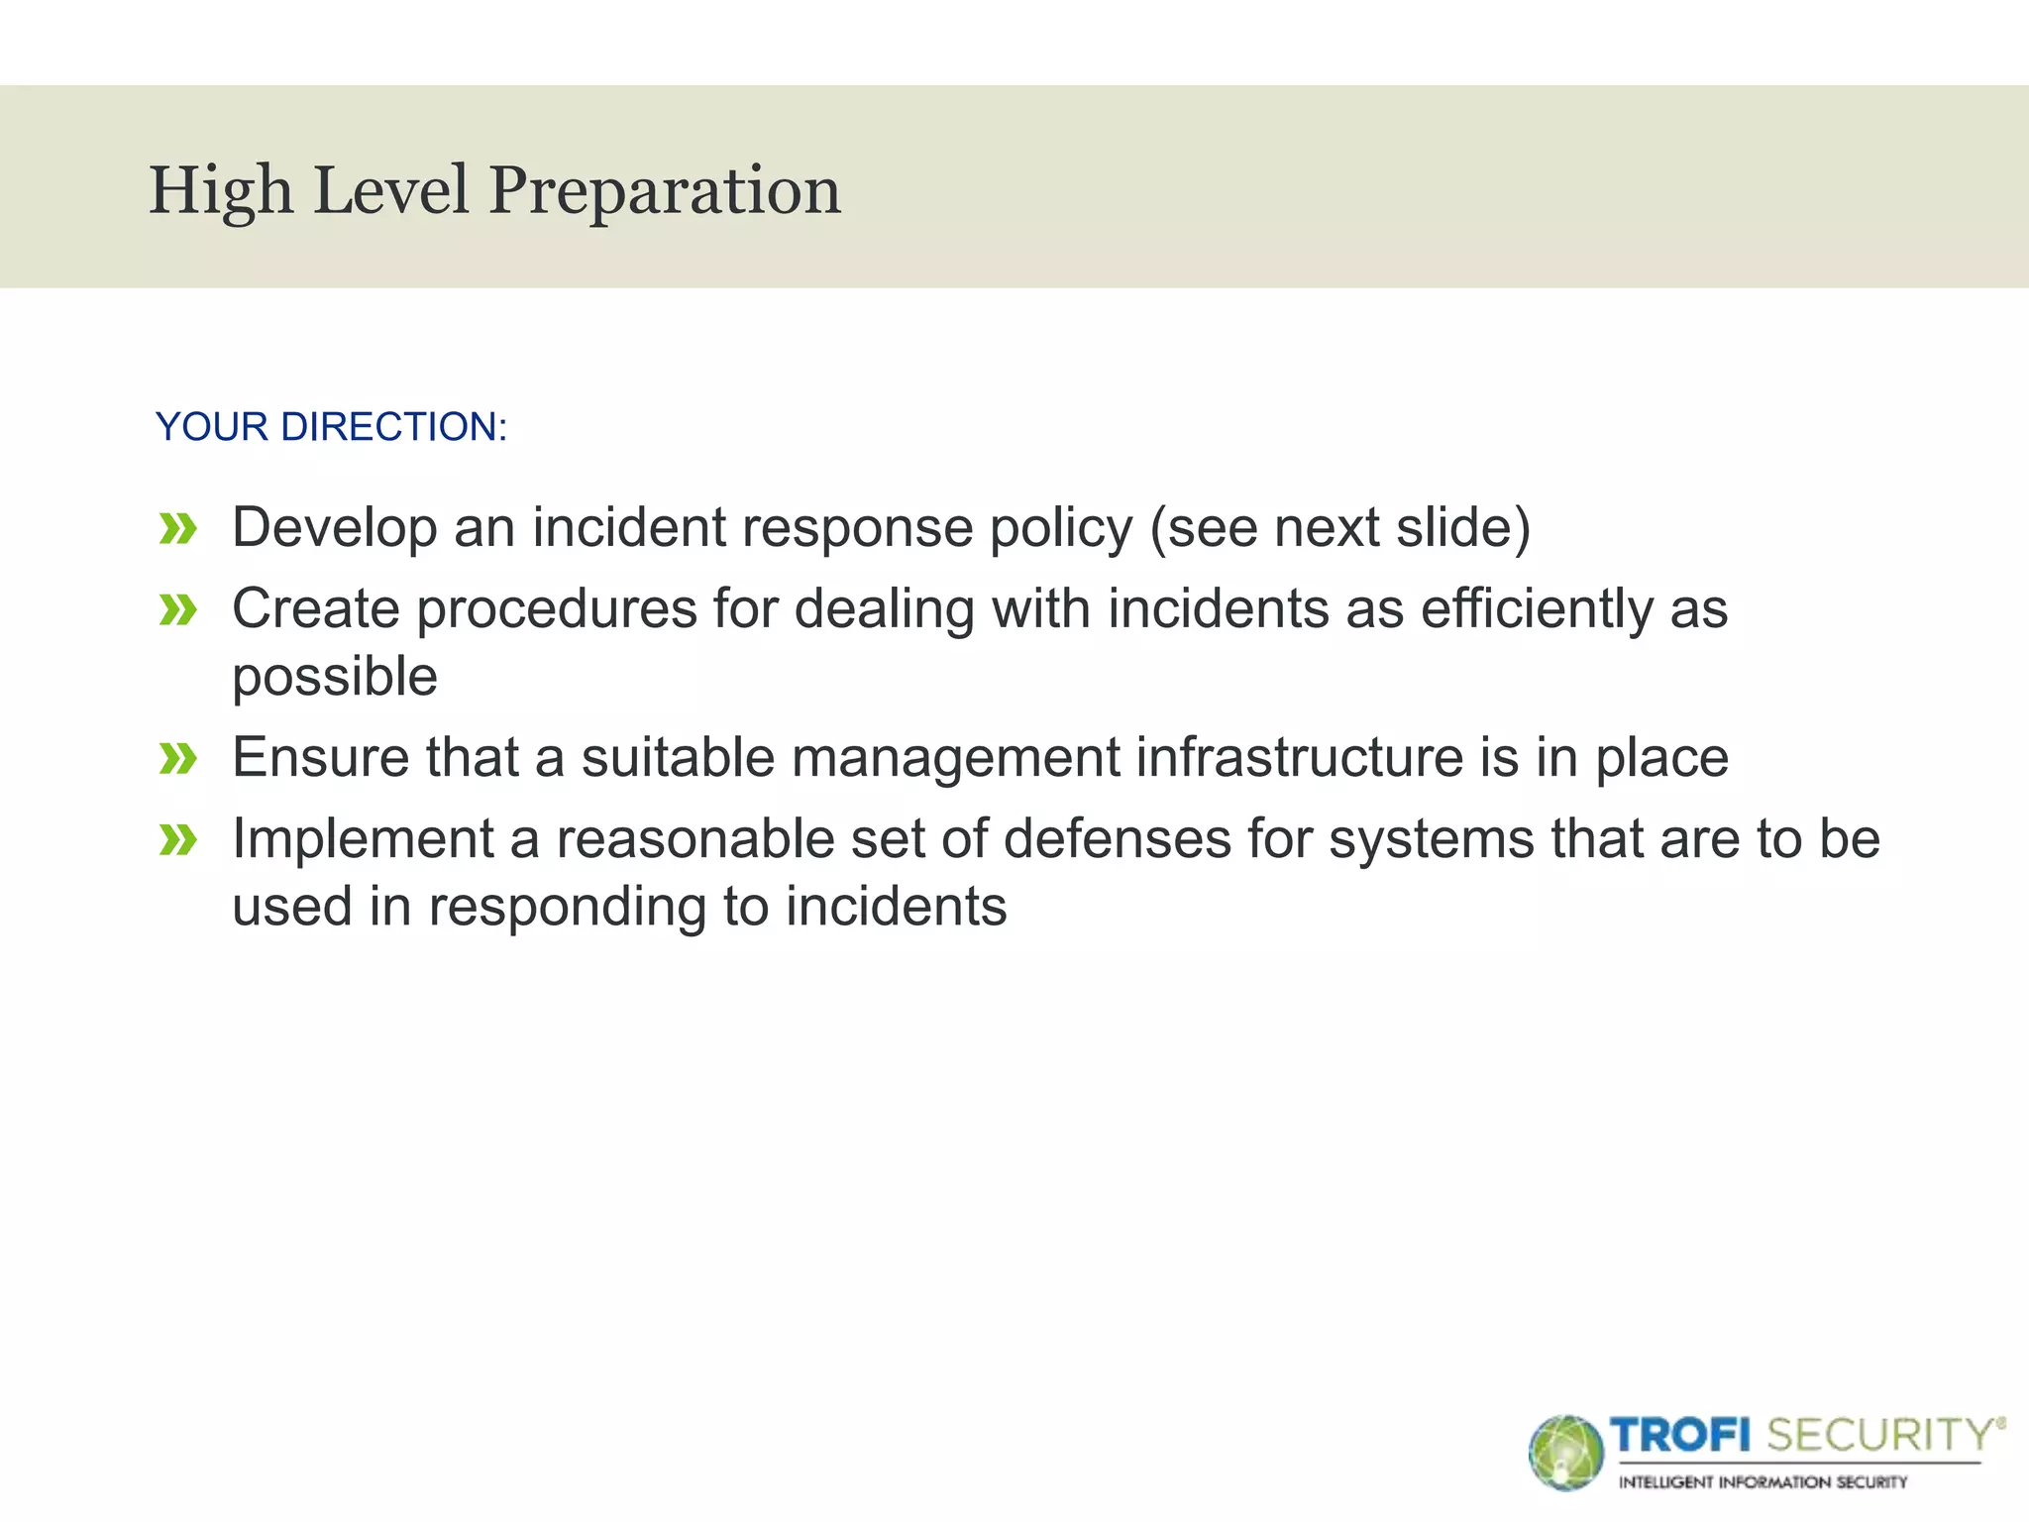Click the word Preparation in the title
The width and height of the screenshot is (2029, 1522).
click(665, 191)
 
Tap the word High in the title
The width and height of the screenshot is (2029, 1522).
click(221, 191)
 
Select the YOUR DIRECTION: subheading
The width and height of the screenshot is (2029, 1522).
click(331, 427)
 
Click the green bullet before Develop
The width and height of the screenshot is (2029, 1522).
click(178, 529)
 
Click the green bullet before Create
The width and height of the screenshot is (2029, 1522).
click(178, 610)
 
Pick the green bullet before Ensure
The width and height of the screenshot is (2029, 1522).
click(178, 760)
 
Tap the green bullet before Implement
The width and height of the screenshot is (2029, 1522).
click(178, 841)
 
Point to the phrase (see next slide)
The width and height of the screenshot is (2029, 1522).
click(1339, 527)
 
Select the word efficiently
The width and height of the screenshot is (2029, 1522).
click(1537, 609)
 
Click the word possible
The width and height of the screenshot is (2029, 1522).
click(335, 678)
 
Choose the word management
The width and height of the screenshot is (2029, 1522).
click(955, 760)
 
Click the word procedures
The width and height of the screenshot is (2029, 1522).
click(557, 610)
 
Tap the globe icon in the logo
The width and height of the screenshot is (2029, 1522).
click(1565, 1453)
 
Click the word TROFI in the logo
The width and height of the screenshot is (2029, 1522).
click(1680, 1435)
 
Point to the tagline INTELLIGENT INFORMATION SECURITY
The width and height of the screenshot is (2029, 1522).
click(1762, 1482)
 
